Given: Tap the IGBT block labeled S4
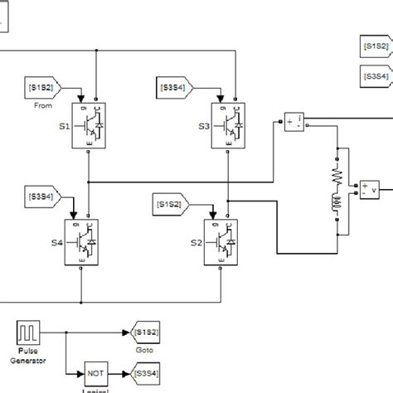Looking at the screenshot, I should coord(81,241).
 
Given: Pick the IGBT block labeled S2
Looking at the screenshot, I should coord(221,241).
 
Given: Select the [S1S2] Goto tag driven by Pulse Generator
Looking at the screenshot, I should coord(144,332).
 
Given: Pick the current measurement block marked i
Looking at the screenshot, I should coord(294,122).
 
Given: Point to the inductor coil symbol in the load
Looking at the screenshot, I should coord(337,204).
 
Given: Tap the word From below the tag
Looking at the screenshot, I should coord(43,105).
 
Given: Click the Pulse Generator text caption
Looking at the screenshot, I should coord(29,357).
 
